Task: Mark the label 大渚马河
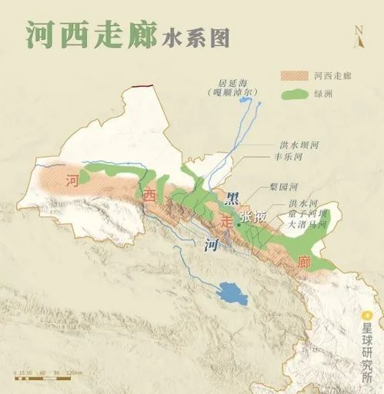307,225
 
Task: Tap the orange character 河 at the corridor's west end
72,181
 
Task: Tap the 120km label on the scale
75,373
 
